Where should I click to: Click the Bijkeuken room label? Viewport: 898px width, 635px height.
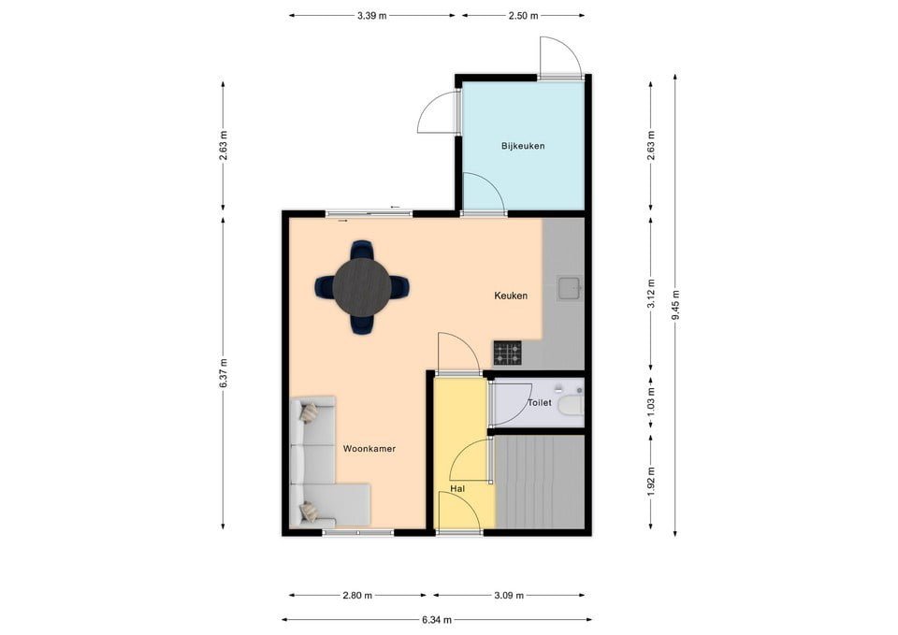[x=523, y=146]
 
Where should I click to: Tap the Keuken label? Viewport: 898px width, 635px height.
[x=511, y=296]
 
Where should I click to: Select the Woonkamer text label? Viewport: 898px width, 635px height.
[x=369, y=449]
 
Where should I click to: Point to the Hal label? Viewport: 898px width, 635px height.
[x=457, y=489]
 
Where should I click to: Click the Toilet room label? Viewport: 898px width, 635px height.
[x=540, y=402]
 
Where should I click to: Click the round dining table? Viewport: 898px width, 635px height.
[x=362, y=286]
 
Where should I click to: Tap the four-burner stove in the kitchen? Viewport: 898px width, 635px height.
[x=508, y=354]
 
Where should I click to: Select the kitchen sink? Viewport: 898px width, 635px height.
[x=569, y=287]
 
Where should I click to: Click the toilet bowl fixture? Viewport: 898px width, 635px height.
[x=571, y=405]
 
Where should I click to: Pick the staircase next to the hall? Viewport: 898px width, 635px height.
[x=540, y=483]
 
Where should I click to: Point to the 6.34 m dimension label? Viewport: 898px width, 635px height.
[x=437, y=619]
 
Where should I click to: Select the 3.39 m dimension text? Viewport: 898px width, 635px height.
[x=371, y=16]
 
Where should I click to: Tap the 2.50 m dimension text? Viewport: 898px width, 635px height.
[x=524, y=16]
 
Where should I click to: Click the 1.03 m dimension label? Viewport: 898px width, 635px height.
[x=651, y=401]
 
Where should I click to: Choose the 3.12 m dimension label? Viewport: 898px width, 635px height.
[x=651, y=293]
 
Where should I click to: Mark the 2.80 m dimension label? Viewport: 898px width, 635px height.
[x=357, y=596]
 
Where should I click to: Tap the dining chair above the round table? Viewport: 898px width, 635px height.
[x=362, y=250]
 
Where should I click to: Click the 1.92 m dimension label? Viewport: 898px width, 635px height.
[x=651, y=483]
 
